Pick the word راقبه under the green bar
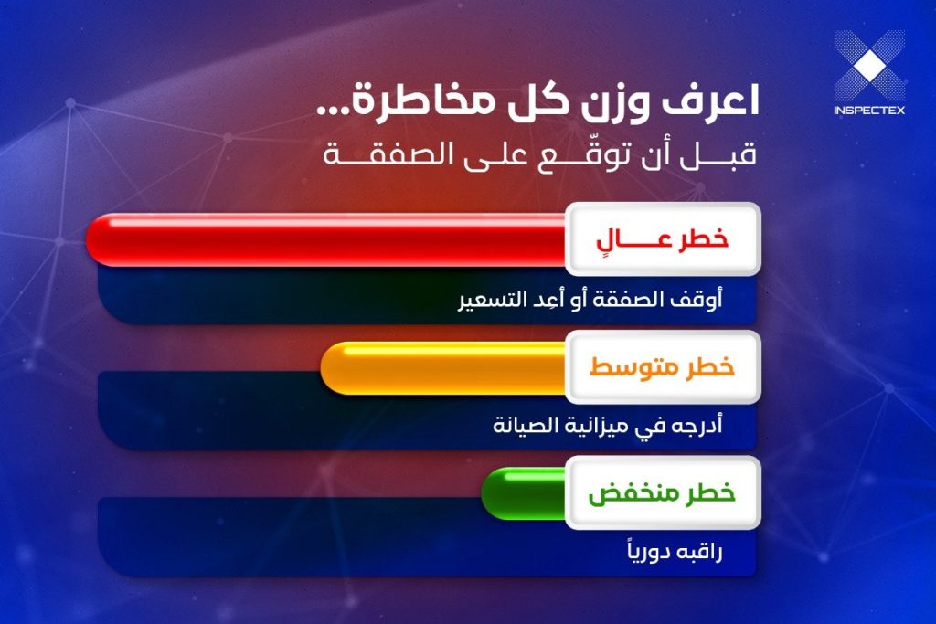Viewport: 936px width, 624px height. tap(699, 552)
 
